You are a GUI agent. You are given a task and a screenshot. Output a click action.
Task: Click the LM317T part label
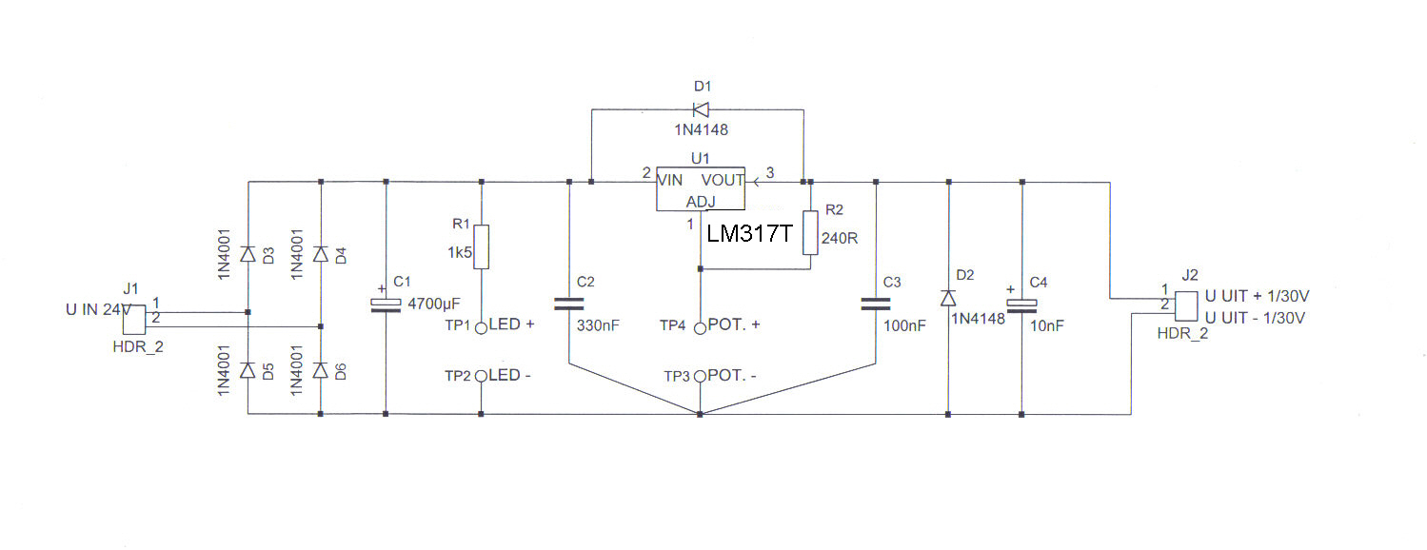tap(749, 234)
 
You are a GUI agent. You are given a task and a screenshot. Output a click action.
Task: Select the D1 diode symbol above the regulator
tap(701, 109)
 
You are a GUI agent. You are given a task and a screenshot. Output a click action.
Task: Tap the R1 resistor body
tap(482, 246)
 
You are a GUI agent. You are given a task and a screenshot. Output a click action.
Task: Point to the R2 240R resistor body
tap(810, 233)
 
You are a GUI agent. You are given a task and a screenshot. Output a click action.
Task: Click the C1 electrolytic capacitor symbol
tap(386, 305)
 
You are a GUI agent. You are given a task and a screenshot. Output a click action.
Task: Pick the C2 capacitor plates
tap(569, 304)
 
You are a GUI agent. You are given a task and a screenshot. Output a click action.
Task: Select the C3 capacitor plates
tap(876, 304)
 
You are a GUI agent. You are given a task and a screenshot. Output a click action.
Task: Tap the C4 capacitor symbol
tap(1021, 306)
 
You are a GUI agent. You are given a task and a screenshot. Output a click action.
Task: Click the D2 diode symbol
tap(948, 298)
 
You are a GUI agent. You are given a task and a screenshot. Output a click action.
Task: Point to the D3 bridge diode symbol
tap(248, 255)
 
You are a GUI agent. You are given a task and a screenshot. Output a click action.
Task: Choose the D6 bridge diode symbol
tap(321, 370)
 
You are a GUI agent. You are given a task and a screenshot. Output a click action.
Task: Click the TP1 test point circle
tap(482, 328)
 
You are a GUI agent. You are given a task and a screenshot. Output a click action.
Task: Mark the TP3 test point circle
tap(700, 376)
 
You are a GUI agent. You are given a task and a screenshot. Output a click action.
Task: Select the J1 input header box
tap(134, 320)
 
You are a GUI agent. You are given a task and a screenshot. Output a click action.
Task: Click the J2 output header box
tap(1186, 306)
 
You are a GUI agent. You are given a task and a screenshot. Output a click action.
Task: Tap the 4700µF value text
tap(434, 304)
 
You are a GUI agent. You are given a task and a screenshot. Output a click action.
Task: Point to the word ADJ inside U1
tap(701, 202)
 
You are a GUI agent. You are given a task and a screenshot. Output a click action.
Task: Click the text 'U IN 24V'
tap(99, 310)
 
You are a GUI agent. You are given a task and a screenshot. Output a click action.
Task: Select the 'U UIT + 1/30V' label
tap(1257, 296)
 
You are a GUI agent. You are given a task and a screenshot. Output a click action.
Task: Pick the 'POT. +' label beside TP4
tap(734, 324)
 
